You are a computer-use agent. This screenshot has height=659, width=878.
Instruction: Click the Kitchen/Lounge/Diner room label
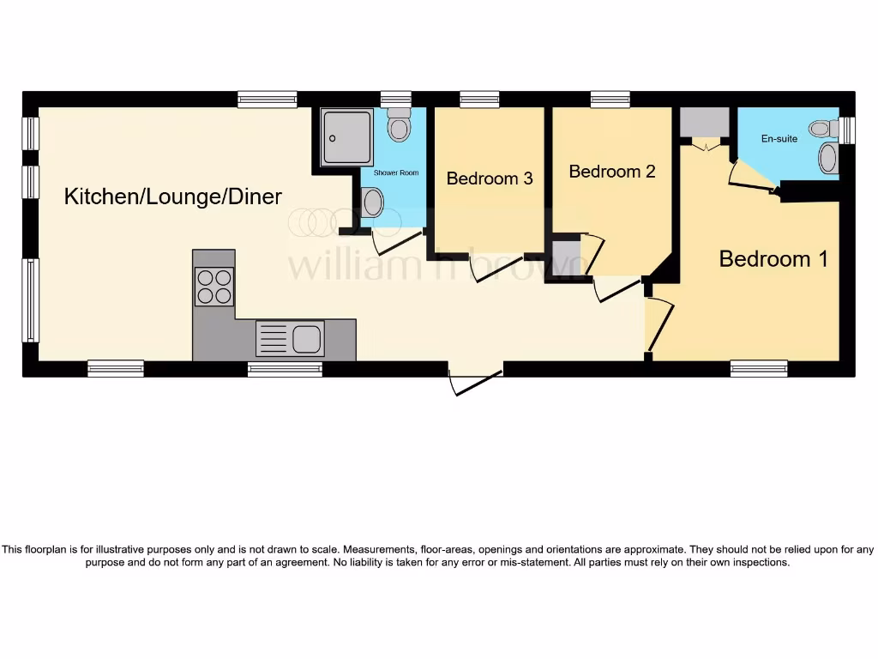pos(173,196)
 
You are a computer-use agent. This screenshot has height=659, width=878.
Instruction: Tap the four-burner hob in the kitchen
pos(214,287)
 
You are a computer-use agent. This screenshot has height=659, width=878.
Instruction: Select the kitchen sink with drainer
pos(290,338)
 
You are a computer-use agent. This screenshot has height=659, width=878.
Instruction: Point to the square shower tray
pos(346,137)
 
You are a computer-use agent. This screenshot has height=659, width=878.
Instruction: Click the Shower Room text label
pos(396,172)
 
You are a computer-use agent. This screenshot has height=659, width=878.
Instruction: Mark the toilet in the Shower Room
pos(399,126)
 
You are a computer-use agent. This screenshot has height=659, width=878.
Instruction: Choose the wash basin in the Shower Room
pos(373,203)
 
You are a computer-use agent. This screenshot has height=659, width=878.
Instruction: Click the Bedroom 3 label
pos(490,178)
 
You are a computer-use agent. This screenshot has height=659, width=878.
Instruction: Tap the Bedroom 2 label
pos(612,171)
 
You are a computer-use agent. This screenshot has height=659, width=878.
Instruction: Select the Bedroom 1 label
pos(773,258)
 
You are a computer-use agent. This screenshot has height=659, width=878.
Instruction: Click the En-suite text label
pos(779,138)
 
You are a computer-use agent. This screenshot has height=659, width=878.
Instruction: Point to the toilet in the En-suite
pos(822,129)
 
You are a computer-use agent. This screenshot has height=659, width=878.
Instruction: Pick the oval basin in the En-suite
pos(828,158)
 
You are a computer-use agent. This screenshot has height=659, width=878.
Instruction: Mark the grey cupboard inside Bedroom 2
pos(566,257)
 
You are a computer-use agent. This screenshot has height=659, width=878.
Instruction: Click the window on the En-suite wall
pos(848,130)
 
